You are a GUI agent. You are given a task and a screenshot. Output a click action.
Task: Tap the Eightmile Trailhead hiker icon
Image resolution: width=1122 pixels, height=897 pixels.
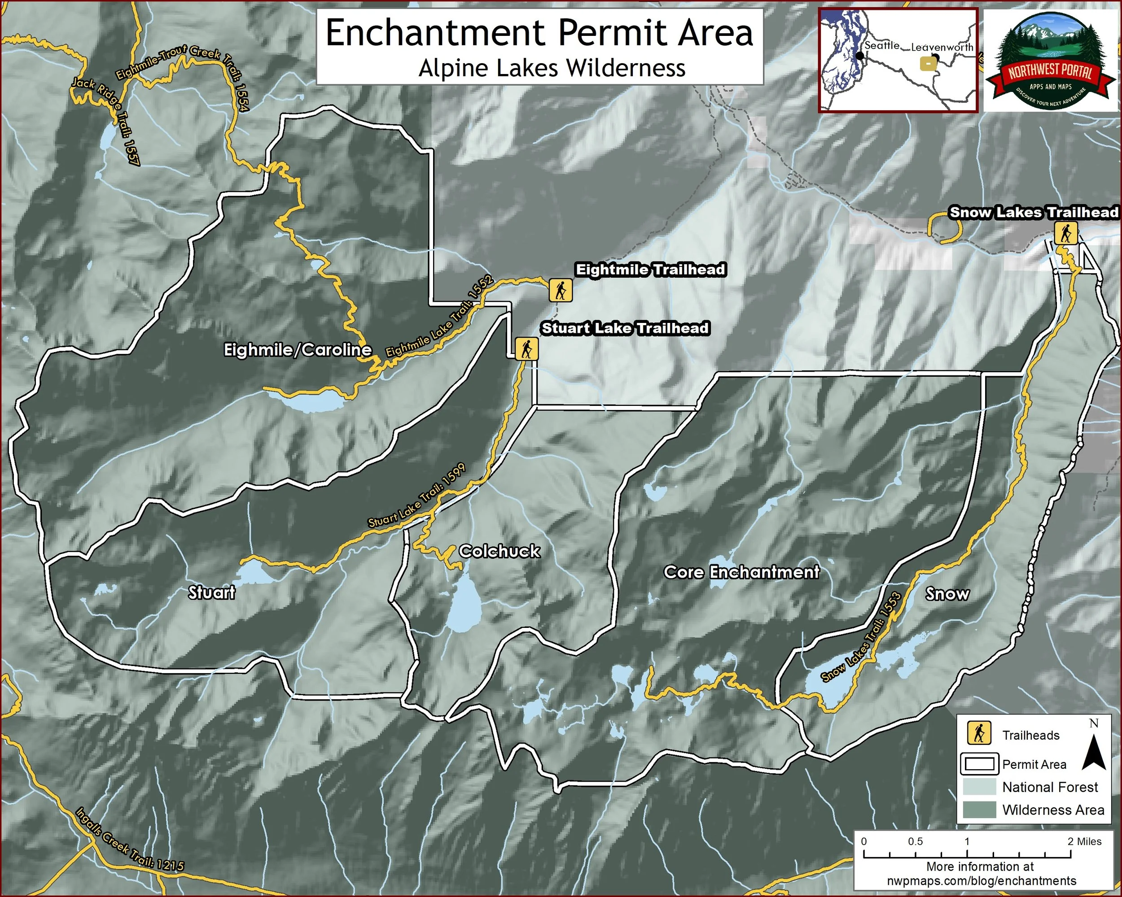561,290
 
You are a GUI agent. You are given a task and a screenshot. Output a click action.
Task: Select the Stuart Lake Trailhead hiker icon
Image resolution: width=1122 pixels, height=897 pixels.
526,348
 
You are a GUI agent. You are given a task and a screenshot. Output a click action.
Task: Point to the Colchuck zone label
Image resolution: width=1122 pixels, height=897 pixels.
499,551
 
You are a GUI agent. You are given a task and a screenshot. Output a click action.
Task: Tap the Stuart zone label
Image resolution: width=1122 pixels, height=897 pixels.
211,592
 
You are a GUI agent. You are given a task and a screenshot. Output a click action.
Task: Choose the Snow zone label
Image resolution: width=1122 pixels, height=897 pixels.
947,594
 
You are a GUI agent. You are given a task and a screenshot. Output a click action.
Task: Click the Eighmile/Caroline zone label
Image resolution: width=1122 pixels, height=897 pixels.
298,350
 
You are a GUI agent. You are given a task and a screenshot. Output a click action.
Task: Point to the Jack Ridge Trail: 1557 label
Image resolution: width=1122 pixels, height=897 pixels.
106,122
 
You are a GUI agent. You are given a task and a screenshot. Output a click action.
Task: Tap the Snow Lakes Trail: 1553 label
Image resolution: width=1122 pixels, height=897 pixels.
861,637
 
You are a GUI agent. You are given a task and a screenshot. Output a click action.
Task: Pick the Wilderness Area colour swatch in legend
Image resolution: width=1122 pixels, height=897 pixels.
979,810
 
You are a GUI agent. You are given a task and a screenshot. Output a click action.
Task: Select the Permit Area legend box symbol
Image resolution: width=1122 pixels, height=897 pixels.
979,764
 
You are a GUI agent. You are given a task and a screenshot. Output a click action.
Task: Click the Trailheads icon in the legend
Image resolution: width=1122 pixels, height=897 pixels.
979,734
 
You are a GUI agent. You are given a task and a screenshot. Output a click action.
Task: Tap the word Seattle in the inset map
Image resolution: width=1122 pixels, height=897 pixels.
882,45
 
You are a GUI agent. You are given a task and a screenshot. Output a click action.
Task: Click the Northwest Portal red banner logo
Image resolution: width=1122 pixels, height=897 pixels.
1051,73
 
